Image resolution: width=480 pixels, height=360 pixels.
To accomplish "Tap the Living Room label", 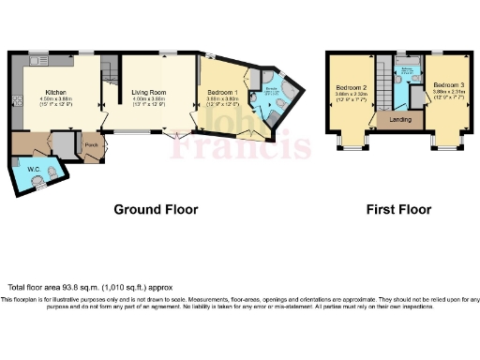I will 142,93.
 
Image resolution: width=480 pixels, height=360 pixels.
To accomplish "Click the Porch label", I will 91,146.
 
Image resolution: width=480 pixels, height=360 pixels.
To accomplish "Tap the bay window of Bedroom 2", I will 350,142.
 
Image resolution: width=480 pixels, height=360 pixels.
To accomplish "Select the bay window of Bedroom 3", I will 444,142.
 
